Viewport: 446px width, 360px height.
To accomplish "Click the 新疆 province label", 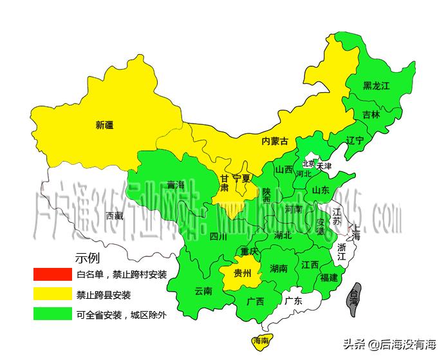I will click(104, 125).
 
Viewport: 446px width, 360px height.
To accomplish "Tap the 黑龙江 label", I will click(376, 85).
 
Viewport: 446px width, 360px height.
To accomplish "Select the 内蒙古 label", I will click(275, 141).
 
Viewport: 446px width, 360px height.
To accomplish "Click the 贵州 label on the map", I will click(243, 274).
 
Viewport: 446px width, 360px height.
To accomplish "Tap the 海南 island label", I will click(261, 341).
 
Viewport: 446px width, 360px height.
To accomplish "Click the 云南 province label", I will click(203, 290).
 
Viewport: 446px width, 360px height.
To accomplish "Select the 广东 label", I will click(293, 300).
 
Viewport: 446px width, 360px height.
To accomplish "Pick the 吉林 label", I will click(371, 115).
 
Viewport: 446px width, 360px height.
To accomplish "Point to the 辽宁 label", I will click(355, 140).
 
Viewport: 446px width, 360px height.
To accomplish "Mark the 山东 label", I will click(321, 190).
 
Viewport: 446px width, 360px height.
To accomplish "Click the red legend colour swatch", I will click(51, 274).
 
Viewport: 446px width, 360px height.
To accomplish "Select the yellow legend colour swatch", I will click(51, 294).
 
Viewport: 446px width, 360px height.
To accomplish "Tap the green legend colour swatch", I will click(51, 315).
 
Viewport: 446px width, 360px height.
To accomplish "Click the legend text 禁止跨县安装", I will click(104, 295).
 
